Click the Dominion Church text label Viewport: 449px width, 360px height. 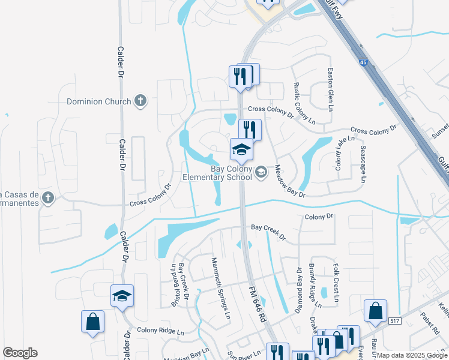point(99,101)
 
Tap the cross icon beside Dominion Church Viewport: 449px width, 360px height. point(140,101)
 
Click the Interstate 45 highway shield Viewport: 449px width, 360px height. point(364,62)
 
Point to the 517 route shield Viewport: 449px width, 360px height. point(395,322)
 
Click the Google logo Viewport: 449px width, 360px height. point(20,353)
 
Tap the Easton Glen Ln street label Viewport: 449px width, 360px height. point(330,88)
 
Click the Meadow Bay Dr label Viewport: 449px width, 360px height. point(291,182)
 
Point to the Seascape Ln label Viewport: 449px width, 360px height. point(363,163)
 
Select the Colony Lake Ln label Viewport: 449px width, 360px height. point(339,154)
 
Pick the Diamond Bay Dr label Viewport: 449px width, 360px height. point(298,291)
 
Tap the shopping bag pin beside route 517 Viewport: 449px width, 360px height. point(375,311)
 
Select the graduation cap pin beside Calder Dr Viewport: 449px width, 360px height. point(122,296)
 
